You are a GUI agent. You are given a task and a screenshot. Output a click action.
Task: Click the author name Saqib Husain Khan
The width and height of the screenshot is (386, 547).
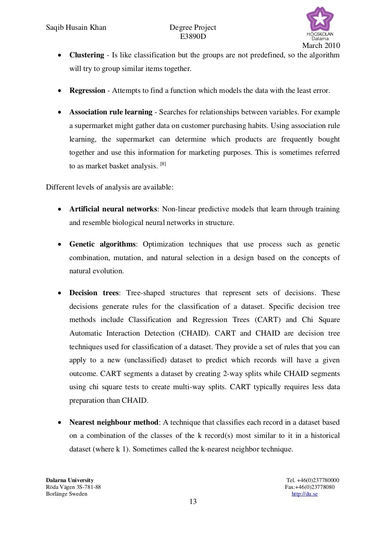click(x=76, y=28)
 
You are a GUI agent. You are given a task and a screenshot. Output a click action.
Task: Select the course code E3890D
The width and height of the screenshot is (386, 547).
click(x=193, y=37)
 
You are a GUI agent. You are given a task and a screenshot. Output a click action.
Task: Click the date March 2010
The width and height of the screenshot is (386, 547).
click(x=321, y=46)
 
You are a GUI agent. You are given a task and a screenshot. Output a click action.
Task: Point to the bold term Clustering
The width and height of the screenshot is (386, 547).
click(x=86, y=55)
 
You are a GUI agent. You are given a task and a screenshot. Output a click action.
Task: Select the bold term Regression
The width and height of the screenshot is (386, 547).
click(x=87, y=91)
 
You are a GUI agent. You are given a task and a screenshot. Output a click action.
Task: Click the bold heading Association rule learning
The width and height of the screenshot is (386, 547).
click(x=110, y=112)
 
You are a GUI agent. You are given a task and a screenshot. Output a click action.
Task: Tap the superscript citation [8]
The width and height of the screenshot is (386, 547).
click(x=163, y=164)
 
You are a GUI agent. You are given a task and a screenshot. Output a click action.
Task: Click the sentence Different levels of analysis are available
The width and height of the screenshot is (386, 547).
click(x=110, y=187)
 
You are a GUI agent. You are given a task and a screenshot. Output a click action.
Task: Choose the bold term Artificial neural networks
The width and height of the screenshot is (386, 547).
click(x=113, y=209)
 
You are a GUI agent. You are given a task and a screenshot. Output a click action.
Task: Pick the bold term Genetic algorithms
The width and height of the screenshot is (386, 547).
click(x=102, y=244)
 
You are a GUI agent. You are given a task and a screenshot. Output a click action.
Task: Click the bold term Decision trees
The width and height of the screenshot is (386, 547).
click(x=94, y=293)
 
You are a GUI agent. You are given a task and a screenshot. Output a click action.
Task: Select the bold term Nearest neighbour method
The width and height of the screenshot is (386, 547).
click(x=113, y=422)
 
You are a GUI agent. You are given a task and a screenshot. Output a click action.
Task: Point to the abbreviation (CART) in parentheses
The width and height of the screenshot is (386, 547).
click(x=268, y=320)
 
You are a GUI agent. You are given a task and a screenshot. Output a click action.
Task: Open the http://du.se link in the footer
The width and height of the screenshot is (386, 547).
click(x=305, y=494)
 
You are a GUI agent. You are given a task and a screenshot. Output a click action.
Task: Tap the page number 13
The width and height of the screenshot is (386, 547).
click(x=193, y=502)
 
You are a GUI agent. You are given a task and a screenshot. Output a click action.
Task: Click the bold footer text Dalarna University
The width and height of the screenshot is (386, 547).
click(x=70, y=481)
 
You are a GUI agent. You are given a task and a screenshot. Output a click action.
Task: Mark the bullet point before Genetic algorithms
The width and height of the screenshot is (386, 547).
click(x=60, y=245)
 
